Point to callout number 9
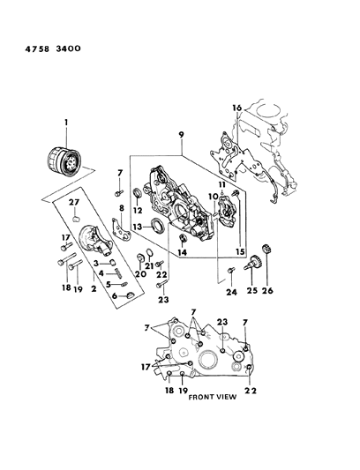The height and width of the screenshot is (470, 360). click(x=182, y=138)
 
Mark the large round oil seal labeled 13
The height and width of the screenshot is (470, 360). click(x=156, y=228)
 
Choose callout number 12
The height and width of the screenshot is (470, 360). click(x=137, y=212)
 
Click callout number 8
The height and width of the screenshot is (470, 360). click(x=121, y=208)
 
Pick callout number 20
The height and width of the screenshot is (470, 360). click(x=141, y=274)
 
